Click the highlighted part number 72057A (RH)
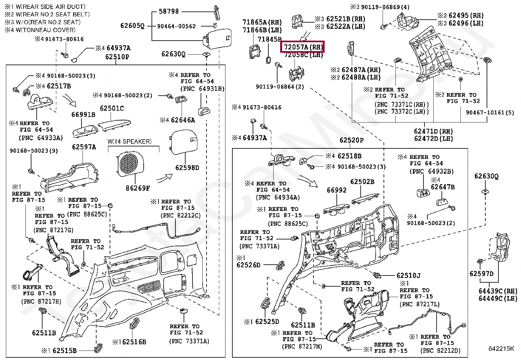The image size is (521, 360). click(303, 47)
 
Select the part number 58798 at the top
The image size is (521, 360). click(169, 11)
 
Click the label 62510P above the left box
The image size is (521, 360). click(117, 57)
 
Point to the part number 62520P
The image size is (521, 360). click(351, 140)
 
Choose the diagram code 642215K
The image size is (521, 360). click(501, 349)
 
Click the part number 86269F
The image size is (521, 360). click(138, 188)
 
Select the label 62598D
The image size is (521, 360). click(187, 168)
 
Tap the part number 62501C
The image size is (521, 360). click(112, 108)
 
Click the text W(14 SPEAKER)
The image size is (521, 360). click(130, 141)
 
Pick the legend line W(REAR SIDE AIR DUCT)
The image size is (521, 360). click(51, 7)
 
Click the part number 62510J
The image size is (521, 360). click(408, 275)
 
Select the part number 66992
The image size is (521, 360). click(336, 190)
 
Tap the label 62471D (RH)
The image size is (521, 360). click(433, 131)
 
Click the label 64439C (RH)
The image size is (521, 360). click(498, 291)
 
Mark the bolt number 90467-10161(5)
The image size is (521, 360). click(490, 112)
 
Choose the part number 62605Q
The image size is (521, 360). click(132, 26)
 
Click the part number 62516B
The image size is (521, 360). click(134, 342)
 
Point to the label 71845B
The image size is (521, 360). click(270, 39)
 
